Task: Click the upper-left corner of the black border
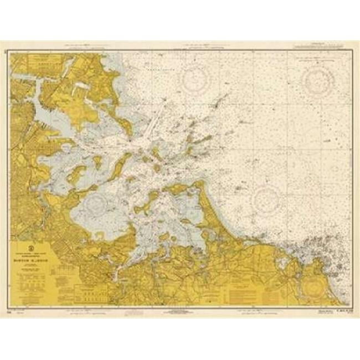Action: point(5,51)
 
